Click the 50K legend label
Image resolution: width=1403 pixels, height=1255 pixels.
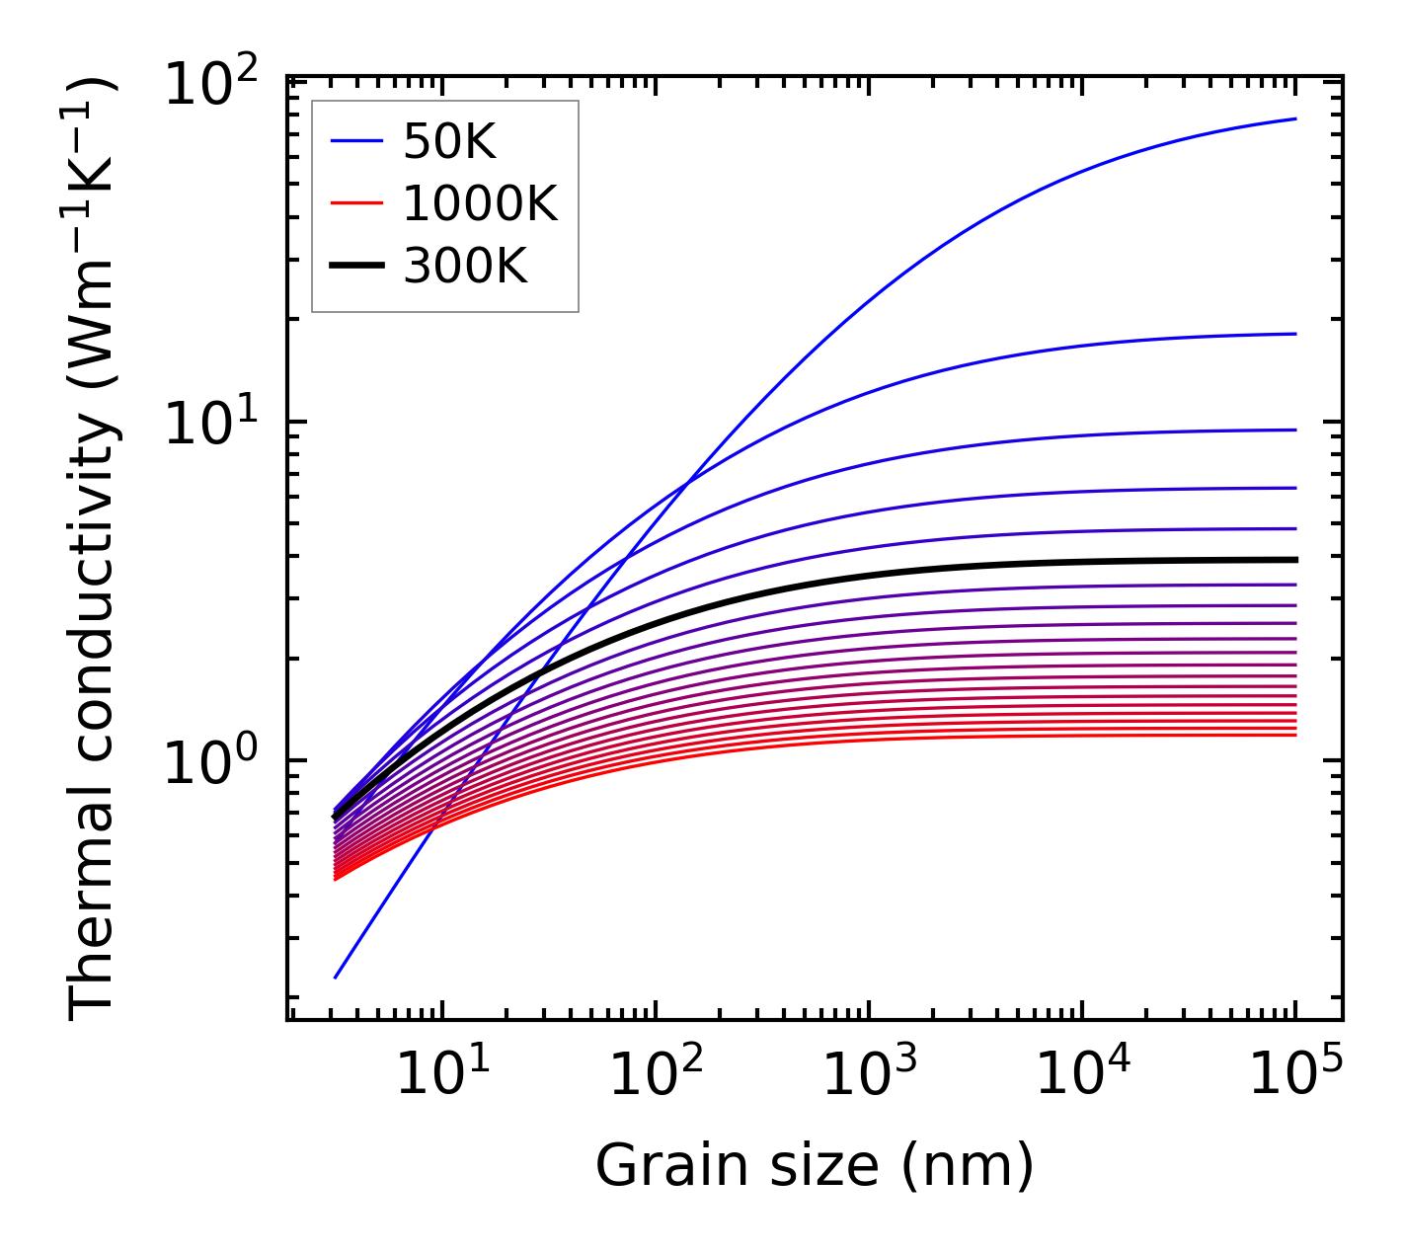(x=449, y=144)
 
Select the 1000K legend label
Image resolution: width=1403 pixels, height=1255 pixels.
(x=480, y=204)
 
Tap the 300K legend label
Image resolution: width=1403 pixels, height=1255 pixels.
(x=465, y=266)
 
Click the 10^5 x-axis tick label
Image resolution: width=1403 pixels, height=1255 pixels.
(x=1295, y=1074)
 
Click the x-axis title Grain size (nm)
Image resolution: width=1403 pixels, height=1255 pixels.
(x=815, y=1166)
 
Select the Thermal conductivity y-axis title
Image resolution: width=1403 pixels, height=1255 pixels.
(x=94, y=548)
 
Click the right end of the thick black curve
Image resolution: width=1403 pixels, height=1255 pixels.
(x=1294, y=560)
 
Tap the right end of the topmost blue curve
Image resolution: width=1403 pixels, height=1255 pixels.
(x=1294, y=118)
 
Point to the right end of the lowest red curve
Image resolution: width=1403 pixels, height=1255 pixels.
(x=1294, y=735)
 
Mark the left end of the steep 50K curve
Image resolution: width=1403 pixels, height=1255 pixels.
(x=336, y=978)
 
